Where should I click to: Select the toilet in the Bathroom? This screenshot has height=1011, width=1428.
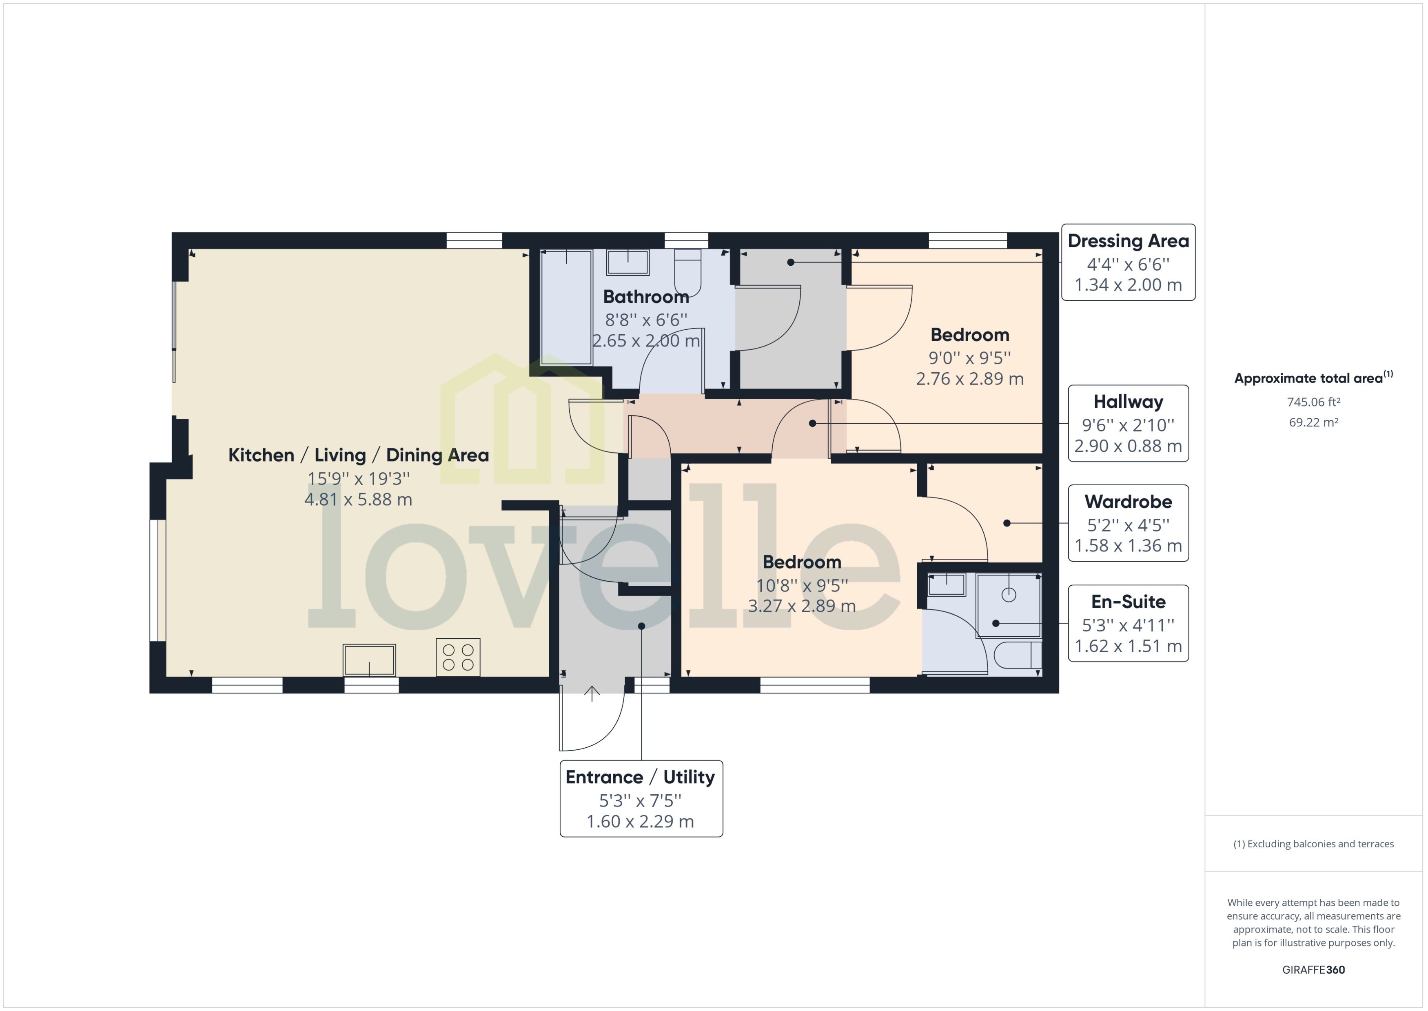(687, 272)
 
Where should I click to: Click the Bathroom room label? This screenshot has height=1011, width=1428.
(646, 297)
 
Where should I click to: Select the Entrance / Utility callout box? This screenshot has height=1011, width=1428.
(641, 799)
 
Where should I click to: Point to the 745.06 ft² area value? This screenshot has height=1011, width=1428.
(1313, 402)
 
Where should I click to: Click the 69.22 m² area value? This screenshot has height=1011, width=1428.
(1313, 422)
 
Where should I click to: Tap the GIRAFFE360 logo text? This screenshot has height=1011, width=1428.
(1313, 969)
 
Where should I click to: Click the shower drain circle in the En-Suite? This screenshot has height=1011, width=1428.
(1009, 595)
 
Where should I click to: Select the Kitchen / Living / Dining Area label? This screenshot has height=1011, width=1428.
(358, 455)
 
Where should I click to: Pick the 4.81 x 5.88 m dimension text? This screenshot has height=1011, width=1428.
(358, 499)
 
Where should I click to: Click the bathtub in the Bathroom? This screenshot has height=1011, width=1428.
(566, 307)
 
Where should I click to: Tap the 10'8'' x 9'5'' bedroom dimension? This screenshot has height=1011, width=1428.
(801, 585)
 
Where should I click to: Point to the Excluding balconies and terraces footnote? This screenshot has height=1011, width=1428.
(1313, 844)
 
